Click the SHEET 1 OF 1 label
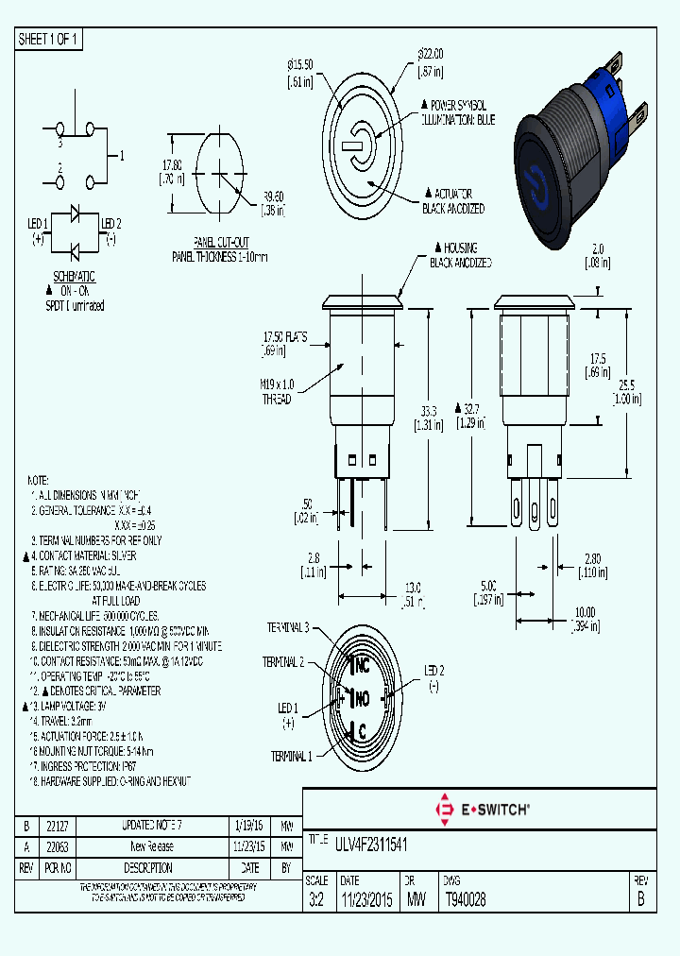click(49, 39)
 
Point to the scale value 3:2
click(316, 901)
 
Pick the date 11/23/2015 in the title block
click(367, 901)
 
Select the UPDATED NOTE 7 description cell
click(146, 825)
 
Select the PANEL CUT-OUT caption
click(220, 242)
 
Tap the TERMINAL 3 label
click(287, 626)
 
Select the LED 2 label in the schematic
click(111, 223)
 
